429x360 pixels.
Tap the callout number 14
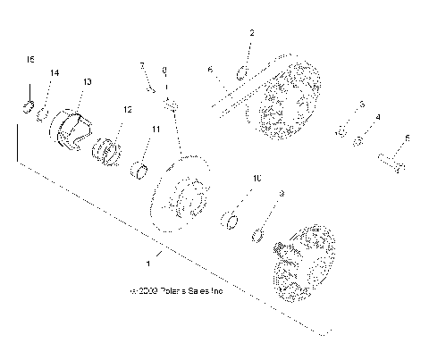pos(55,71)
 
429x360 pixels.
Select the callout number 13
pos(87,81)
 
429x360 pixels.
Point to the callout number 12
pos(128,110)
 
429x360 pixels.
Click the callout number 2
pos(251,33)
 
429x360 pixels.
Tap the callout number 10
pos(257,179)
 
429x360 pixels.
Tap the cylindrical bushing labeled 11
pos(141,168)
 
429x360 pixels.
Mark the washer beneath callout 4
pos(359,141)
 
